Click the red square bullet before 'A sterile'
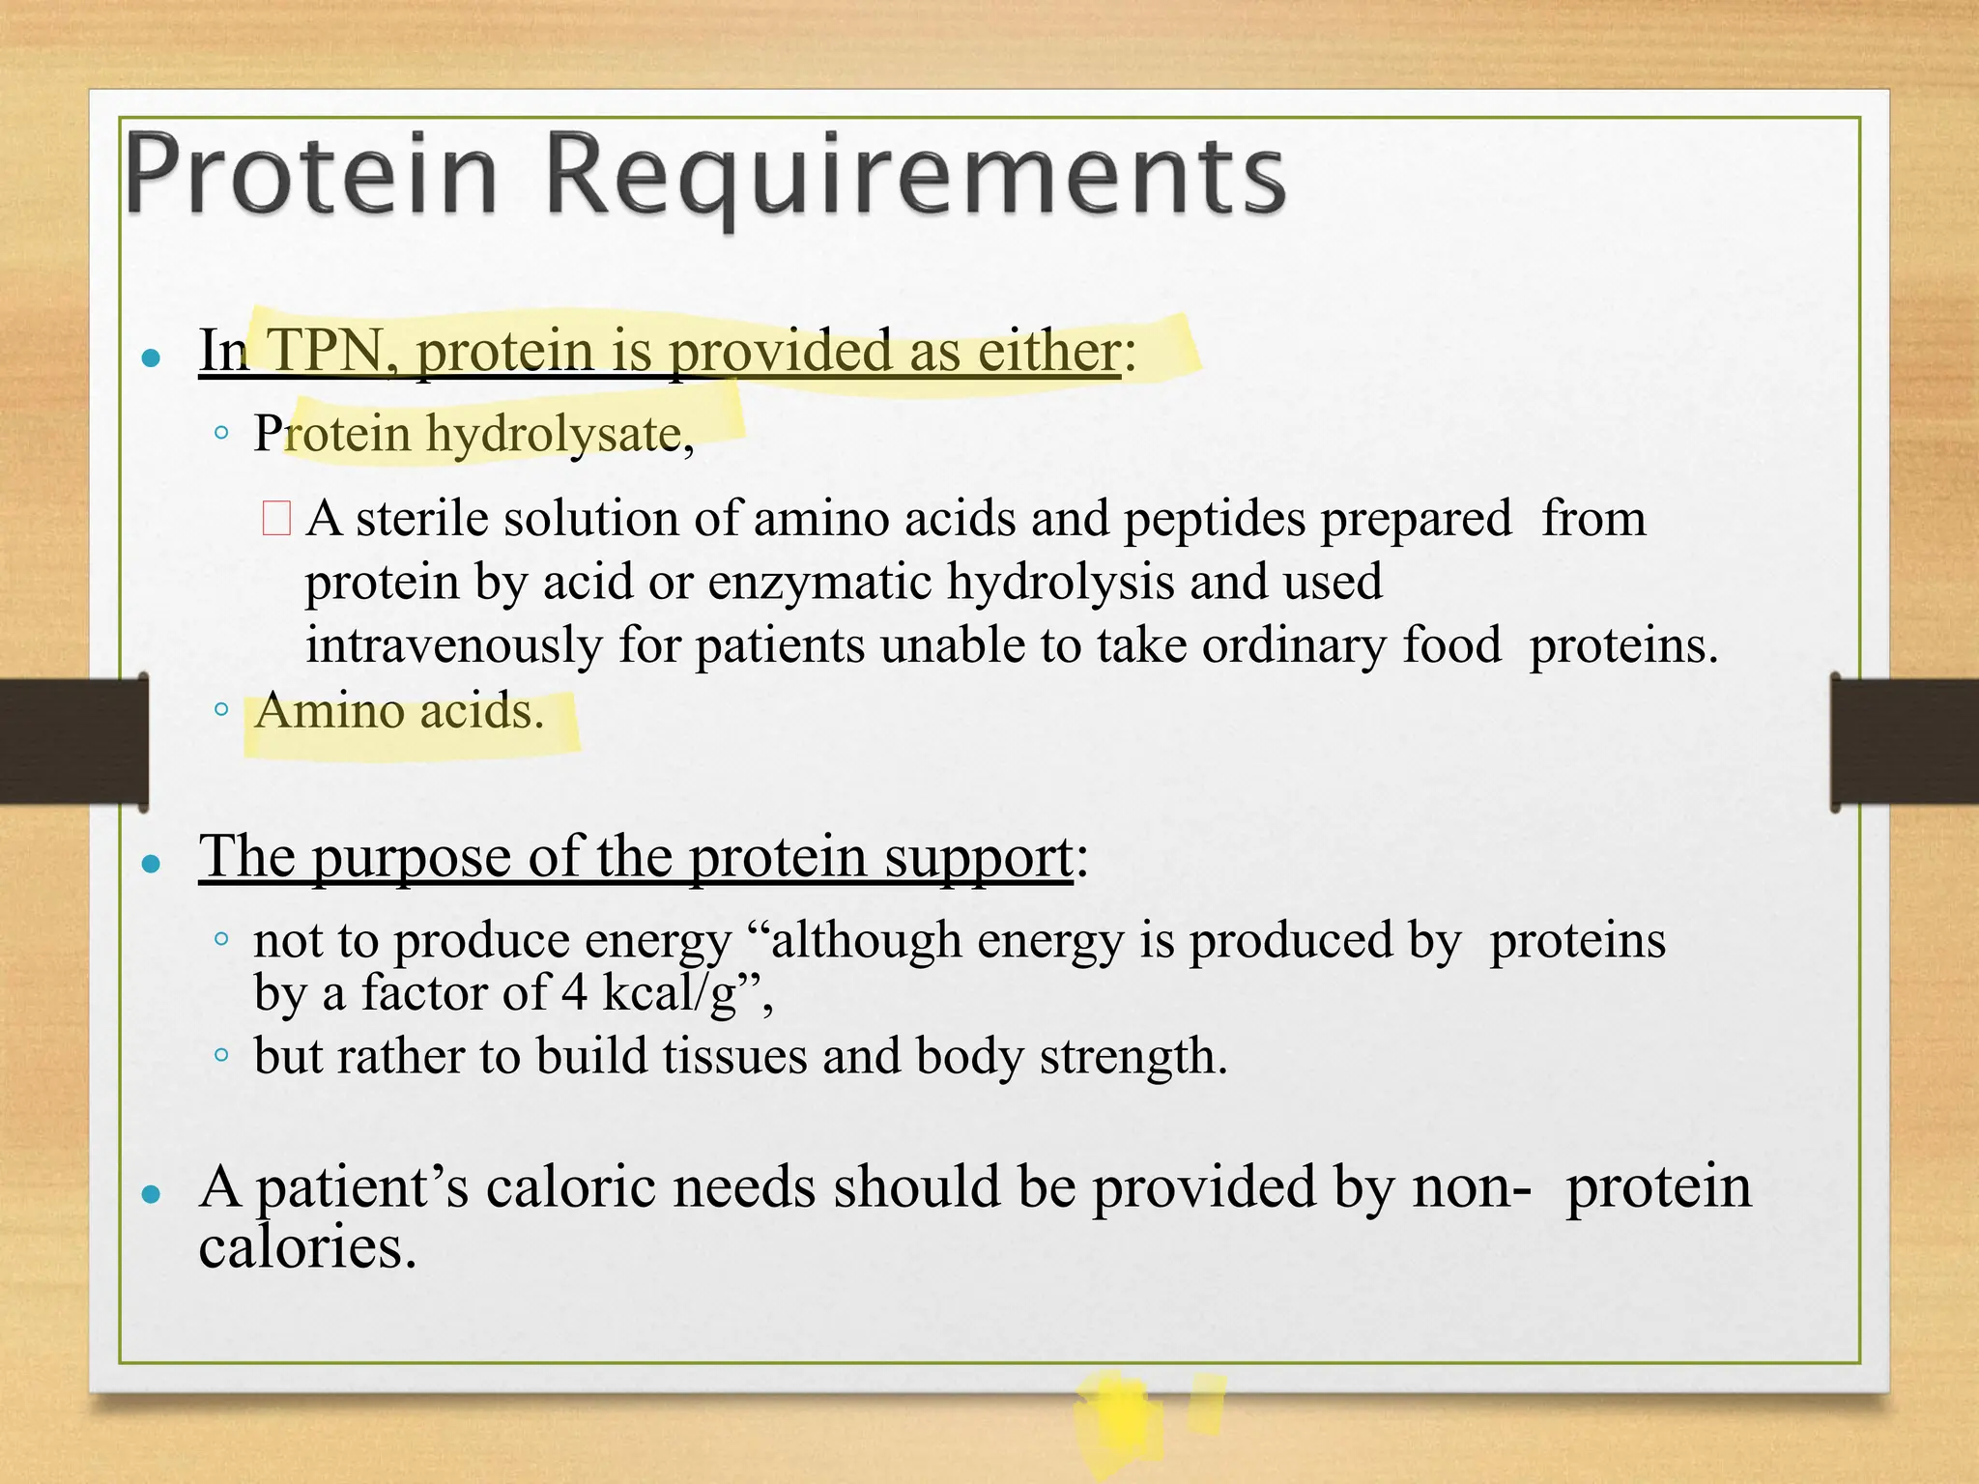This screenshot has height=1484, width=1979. coord(276,518)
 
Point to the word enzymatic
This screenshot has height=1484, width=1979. coord(819,582)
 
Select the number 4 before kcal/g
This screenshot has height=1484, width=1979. coord(574,992)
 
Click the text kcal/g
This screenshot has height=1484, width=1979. coord(671,993)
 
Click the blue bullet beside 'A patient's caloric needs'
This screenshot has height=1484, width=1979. coord(150,1195)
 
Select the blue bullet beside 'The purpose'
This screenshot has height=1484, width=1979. coord(150,864)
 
